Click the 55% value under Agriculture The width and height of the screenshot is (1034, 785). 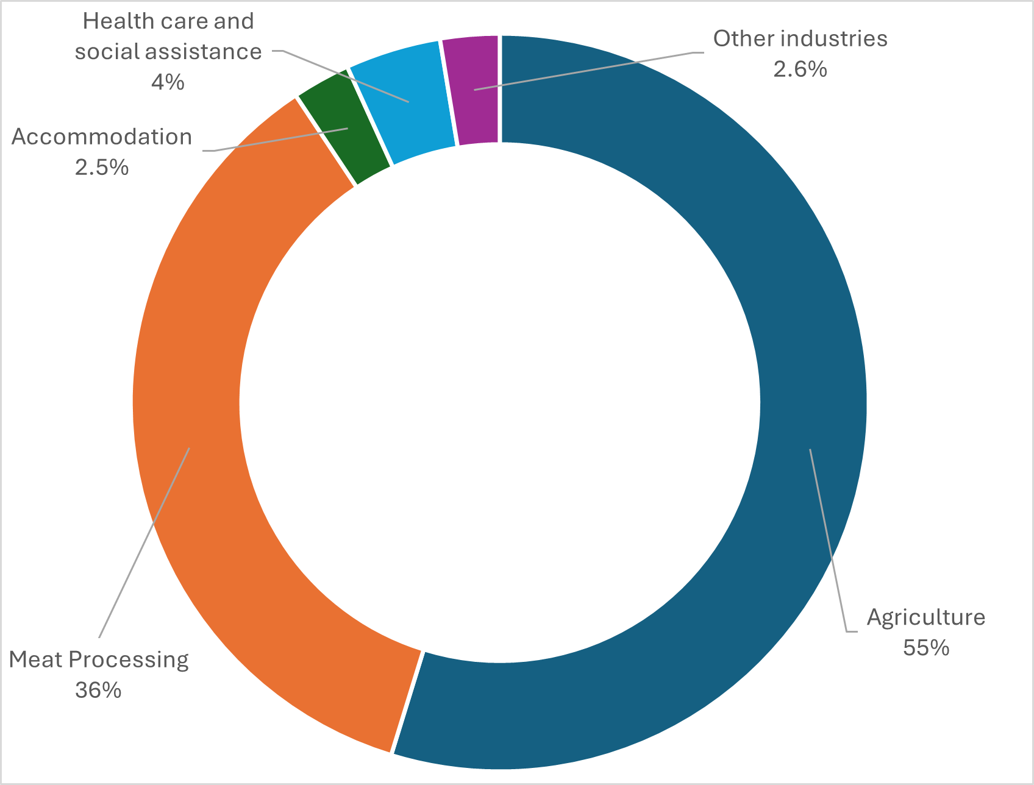926,647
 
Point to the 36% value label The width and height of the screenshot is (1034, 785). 98,690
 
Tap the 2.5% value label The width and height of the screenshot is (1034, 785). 102,167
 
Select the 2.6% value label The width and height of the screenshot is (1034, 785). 800,69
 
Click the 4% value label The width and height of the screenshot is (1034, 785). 168,82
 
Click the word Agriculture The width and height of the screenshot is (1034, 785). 926,617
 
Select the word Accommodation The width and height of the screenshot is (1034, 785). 102,137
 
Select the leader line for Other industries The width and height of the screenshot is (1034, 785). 585,71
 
